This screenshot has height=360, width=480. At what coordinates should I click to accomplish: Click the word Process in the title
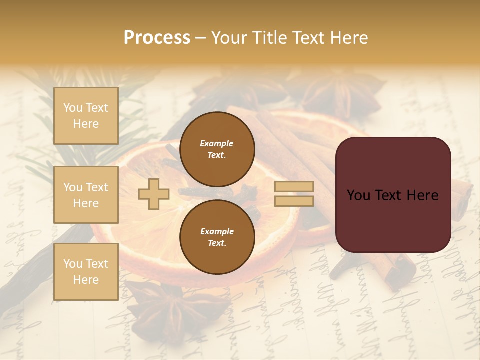(x=157, y=38)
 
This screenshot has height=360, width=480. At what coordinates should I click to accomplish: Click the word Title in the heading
(x=270, y=38)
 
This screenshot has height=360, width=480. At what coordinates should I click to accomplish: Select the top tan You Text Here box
(x=86, y=116)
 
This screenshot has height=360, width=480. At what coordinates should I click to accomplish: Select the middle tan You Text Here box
(x=86, y=195)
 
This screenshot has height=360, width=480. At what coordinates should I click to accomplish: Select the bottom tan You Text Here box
(x=86, y=271)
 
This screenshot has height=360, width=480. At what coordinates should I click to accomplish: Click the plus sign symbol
(x=154, y=194)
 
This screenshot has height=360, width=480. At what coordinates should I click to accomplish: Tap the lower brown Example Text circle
(x=217, y=237)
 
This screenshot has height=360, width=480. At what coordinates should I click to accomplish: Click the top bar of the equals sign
(x=294, y=187)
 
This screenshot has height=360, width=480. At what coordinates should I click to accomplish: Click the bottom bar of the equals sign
(x=294, y=201)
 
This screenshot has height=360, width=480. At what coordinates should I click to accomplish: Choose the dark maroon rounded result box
(x=393, y=195)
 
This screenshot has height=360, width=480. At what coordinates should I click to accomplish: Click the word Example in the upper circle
(x=217, y=143)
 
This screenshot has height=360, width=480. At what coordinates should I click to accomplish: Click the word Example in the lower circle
(x=217, y=231)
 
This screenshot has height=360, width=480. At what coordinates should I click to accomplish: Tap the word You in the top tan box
(x=73, y=108)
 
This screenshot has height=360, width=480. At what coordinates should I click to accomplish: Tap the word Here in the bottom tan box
(x=86, y=280)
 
